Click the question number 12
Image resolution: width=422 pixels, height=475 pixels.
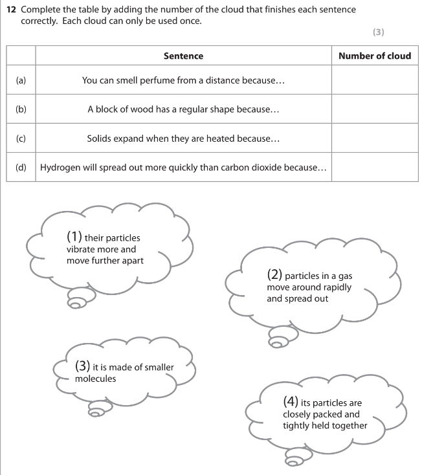10,10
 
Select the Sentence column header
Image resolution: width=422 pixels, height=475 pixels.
183,56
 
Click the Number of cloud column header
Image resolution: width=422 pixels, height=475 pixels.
375,56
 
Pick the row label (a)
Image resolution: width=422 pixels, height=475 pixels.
21,81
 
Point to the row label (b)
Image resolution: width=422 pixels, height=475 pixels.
21,109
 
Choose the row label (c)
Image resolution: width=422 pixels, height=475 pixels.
21,138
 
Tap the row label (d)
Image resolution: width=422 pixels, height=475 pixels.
21,168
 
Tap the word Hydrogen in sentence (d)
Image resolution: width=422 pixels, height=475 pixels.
61,168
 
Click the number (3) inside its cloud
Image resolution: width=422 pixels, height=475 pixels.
83,367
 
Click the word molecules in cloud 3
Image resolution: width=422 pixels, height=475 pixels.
96,379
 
